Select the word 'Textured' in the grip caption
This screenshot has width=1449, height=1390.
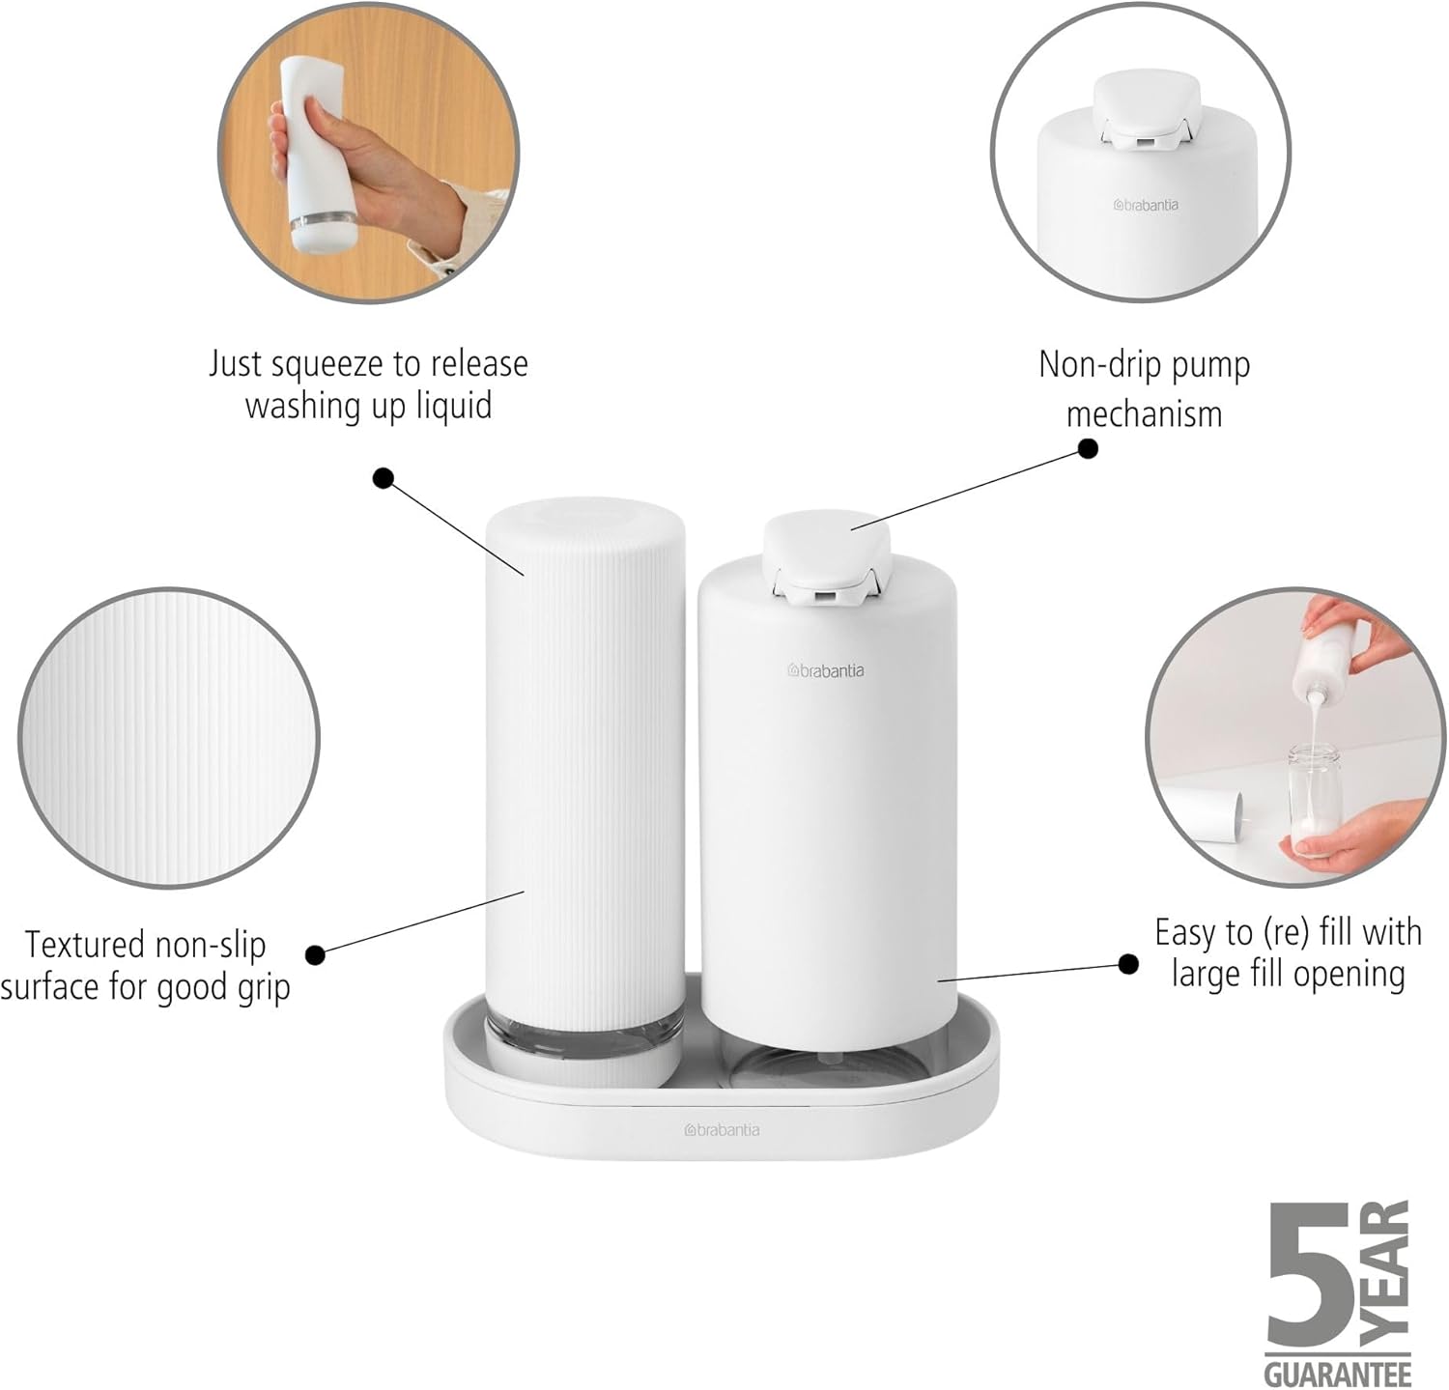[85, 944]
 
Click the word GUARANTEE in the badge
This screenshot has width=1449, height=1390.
[1338, 1373]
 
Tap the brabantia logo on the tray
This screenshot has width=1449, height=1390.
[723, 1129]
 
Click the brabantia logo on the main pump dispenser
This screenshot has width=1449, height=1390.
[826, 670]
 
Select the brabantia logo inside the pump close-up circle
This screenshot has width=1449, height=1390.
[1146, 205]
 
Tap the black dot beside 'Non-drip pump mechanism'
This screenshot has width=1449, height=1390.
[1088, 448]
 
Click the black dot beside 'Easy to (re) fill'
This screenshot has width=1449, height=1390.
[1127, 963]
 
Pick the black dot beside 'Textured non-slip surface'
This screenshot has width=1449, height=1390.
[315, 954]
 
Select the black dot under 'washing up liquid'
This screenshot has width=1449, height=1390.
[384, 477]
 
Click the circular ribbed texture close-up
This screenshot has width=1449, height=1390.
[169, 738]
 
